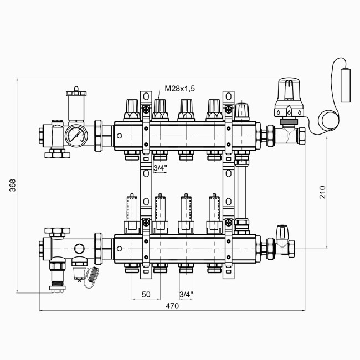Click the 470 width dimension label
pos(172,306)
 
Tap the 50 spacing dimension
pos(146,294)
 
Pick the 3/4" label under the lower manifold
pos(187,294)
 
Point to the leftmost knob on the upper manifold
pos(132,109)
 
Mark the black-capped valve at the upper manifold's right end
pos(242,111)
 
